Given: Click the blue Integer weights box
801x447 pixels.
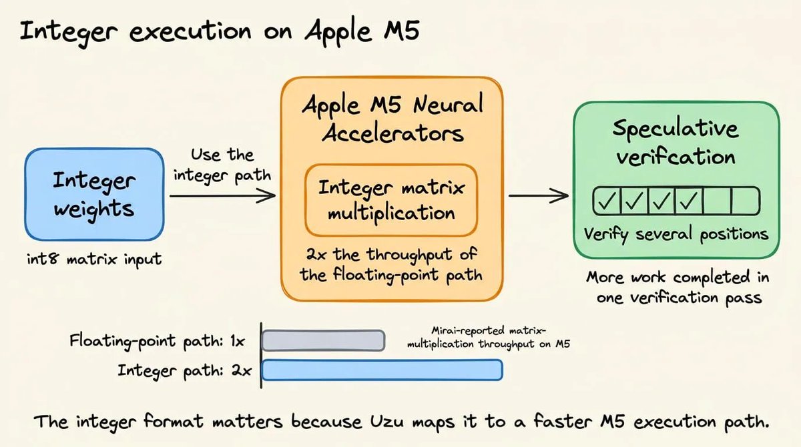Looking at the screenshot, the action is pos(94,194).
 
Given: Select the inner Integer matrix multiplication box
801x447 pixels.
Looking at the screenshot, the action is pos(391,200).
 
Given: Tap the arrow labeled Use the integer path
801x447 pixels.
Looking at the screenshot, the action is pos(222,195).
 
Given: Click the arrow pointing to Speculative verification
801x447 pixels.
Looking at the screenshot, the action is pos(539,195).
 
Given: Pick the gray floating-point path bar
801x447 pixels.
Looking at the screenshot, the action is pos(323,340).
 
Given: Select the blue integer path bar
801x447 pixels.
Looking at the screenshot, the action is pos(382,370).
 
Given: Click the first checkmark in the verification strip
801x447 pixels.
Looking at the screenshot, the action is pos(607,201).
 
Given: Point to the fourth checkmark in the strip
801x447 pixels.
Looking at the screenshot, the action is pos(689,201).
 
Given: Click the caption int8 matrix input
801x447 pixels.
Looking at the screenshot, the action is pos(94,259).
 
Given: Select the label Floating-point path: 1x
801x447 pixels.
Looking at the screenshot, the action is pos(157,341).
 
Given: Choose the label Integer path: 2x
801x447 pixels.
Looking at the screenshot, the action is pos(184,370).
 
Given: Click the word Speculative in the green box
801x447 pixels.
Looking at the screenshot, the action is pos(676,129).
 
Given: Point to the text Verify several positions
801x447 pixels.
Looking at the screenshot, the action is pos(676,234).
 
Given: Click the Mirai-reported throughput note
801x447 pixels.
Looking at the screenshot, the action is pos(488,337).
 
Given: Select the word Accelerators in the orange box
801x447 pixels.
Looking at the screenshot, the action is pos(392,133).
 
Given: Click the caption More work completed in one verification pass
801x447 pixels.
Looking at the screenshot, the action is pos(678,287).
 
